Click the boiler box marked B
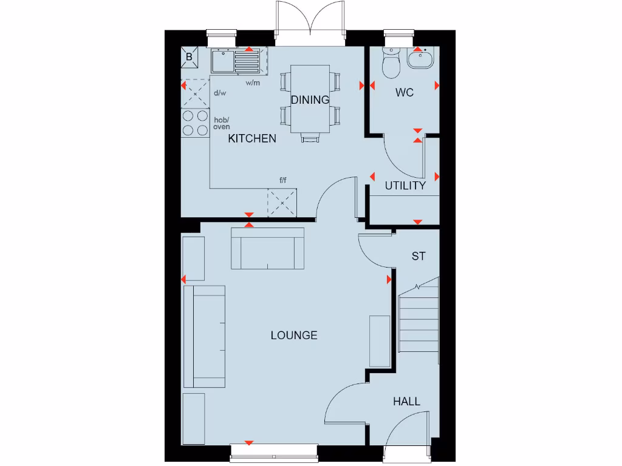coord(190,57)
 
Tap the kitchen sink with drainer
coord(234,61)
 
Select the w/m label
coord(253,83)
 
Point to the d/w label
coord(220,93)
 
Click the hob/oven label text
coord(221,123)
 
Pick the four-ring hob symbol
coord(195,123)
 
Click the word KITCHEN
coord(252,138)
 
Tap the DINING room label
coord(310,100)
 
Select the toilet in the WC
coord(391,63)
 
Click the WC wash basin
coord(420,59)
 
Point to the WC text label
coord(405,93)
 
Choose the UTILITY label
coord(405,186)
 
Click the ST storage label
coord(419,257)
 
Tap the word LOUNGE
coord(294,335)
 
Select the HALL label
coord(406,401)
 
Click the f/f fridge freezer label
coord(283,180)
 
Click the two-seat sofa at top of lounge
coord(267,248)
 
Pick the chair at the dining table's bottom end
coord(310,138)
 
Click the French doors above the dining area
coord(310,23)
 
